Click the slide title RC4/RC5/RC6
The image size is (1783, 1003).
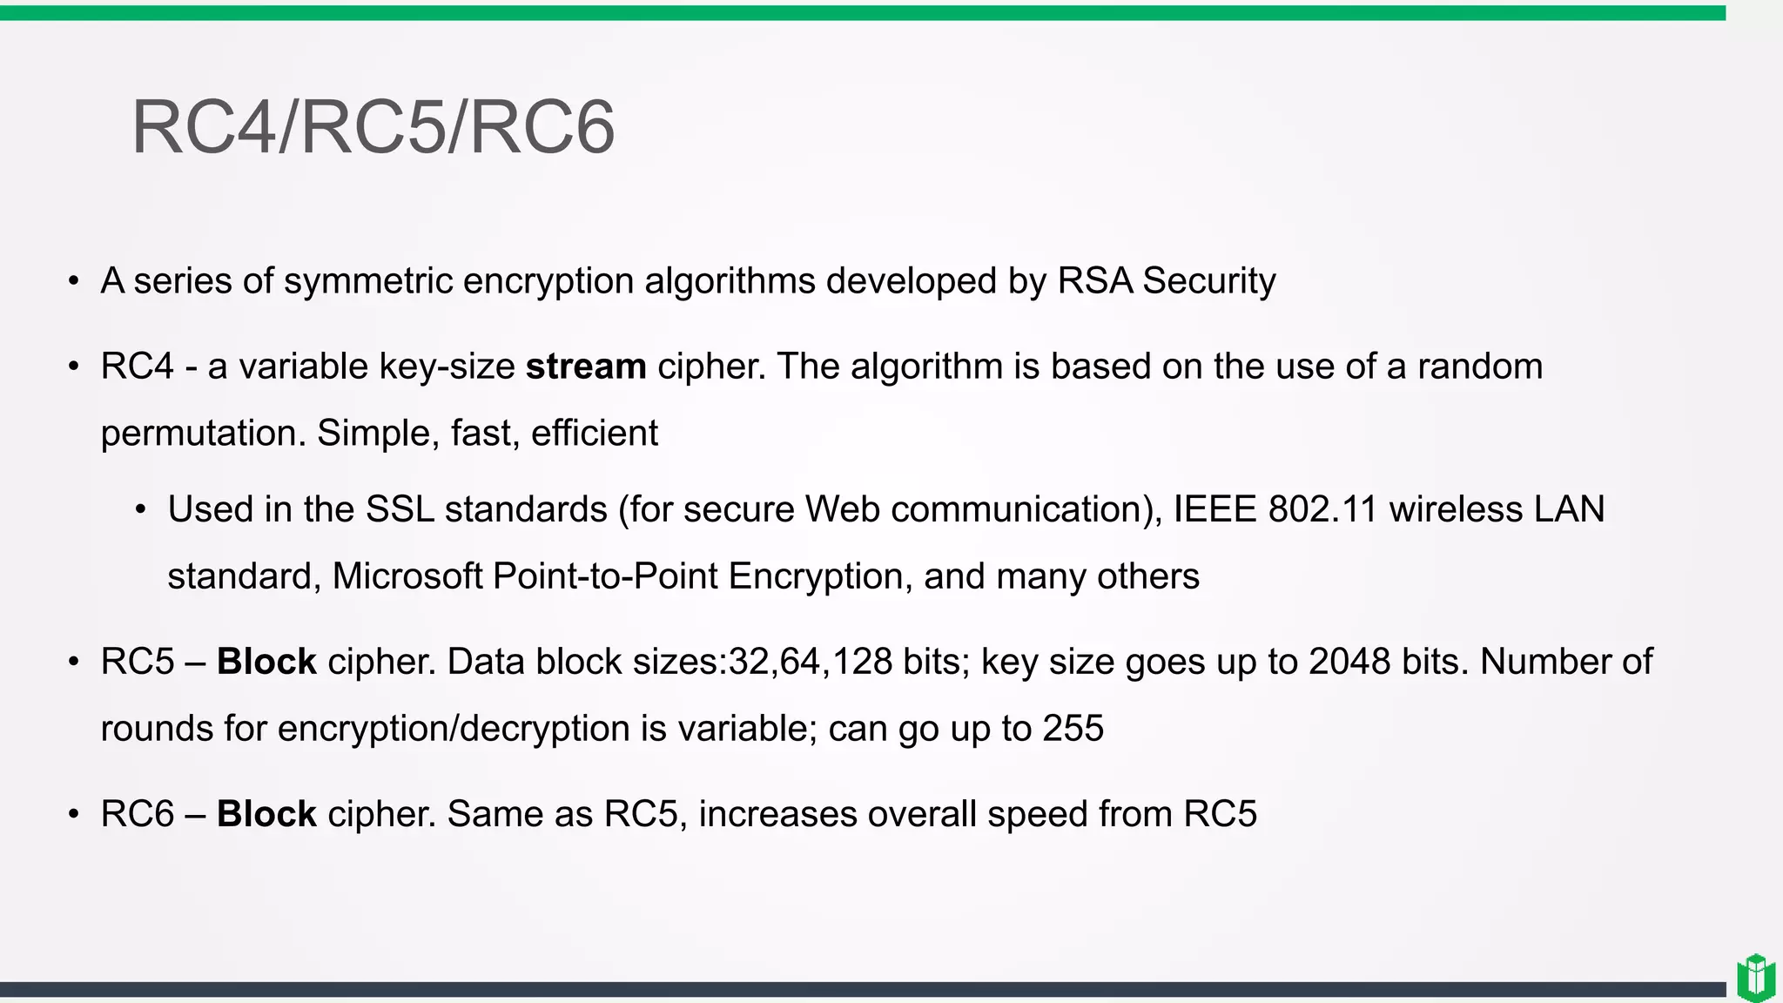[x=373, y=127]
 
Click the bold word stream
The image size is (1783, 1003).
[x=586, y=367]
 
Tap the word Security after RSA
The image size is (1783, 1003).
[x=1208, y=281]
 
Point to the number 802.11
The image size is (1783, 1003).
[x=1322, y=509]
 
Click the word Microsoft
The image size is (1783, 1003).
[x=407, y=576]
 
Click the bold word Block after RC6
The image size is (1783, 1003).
[x=266, y=814]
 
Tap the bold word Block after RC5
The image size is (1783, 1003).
[x=266, y=662]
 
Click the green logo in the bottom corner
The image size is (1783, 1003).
[x=1755, y=978]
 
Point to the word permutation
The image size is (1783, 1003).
[x=203, y=434]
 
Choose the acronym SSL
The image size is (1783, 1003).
[x=400, y=509]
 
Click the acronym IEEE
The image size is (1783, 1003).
[x=1214, y=509]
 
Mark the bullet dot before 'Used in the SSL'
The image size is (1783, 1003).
[x=141, y=510]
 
